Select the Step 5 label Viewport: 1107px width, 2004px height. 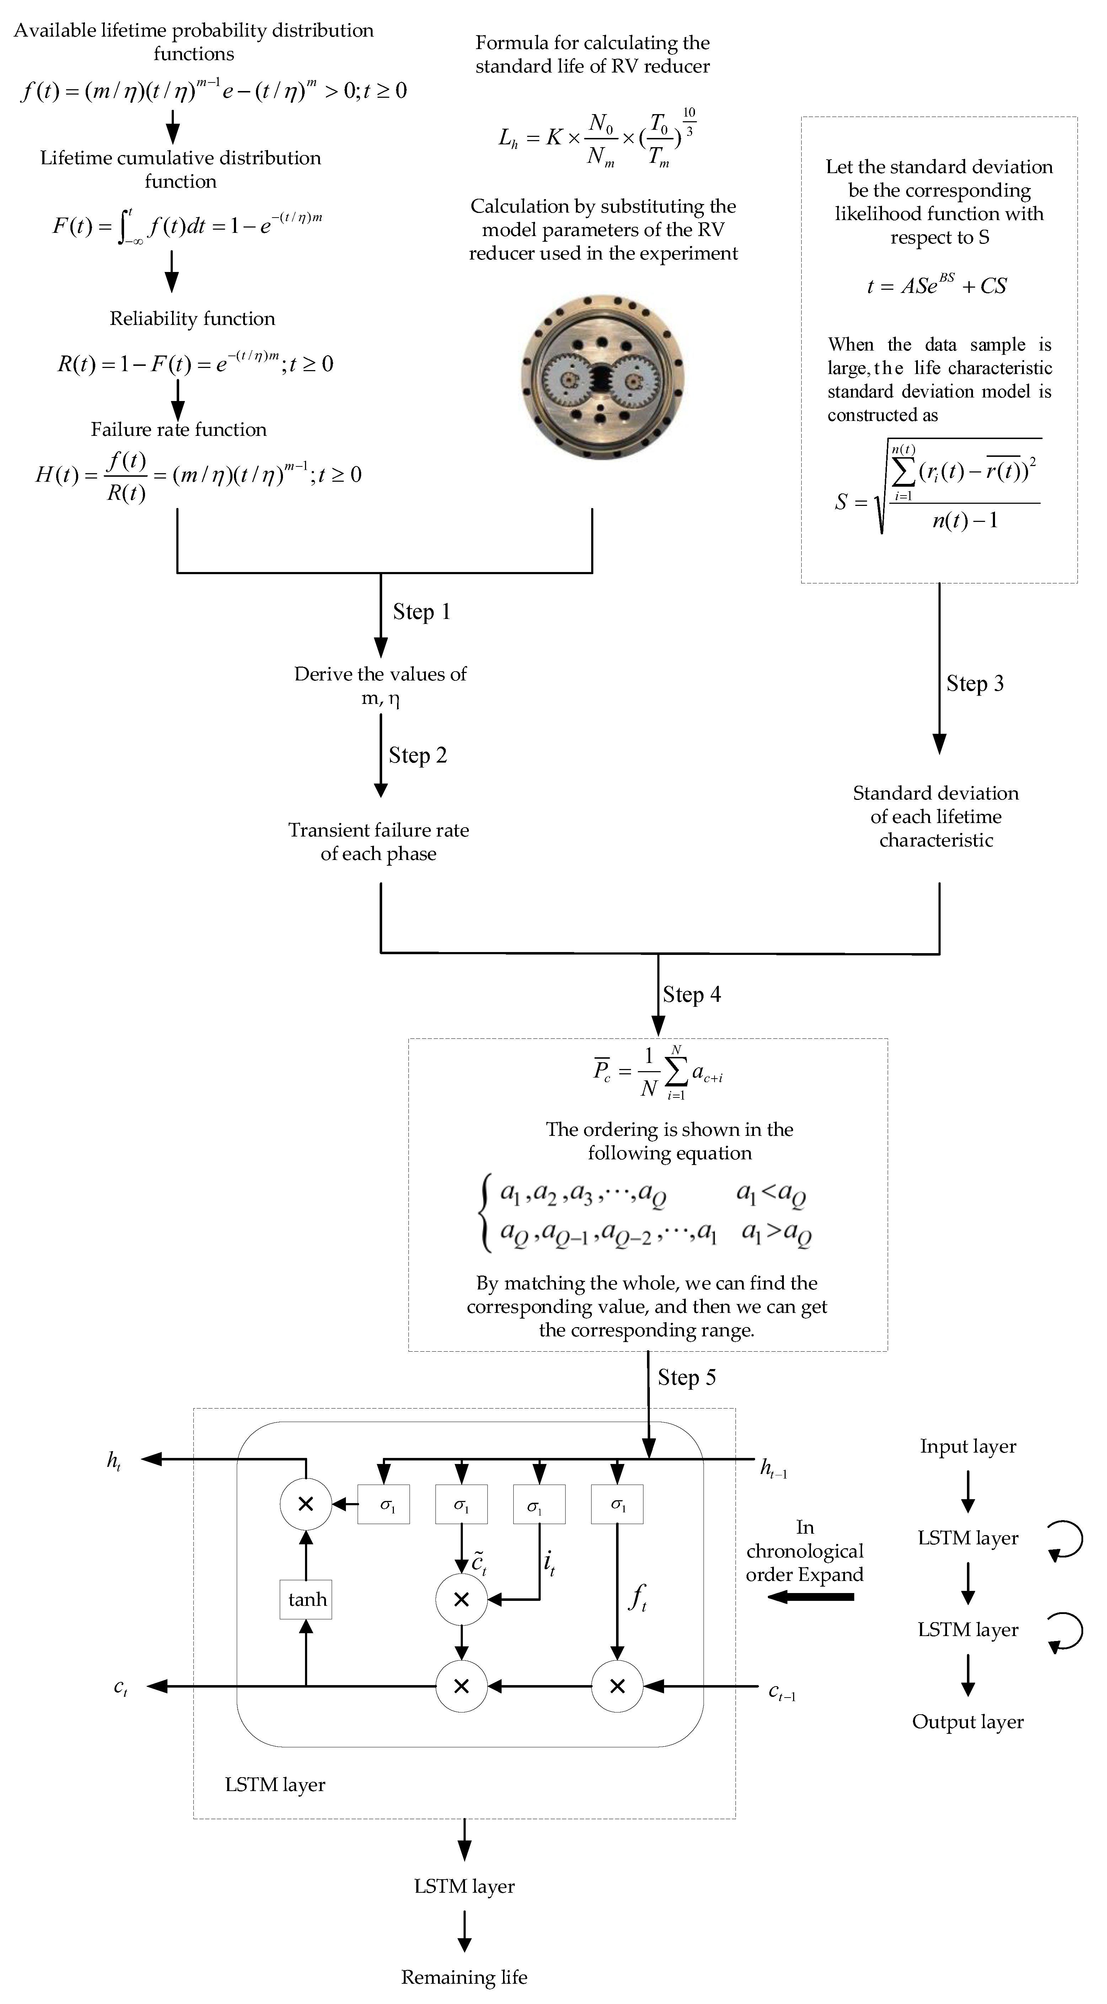686,1377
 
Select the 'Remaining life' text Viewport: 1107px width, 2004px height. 464,1977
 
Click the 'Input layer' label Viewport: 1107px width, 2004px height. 968,1446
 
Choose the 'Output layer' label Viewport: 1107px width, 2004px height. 968,1722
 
